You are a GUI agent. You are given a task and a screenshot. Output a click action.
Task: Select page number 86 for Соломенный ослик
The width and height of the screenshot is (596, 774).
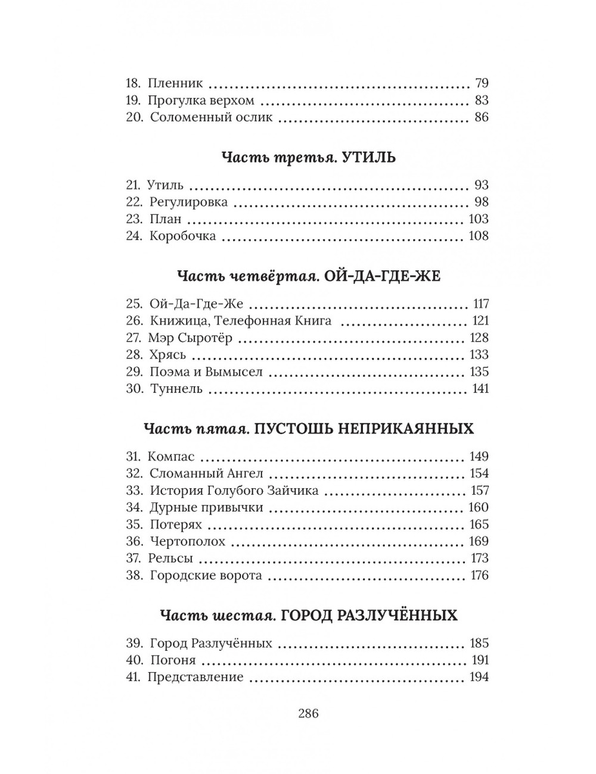click(481, 117)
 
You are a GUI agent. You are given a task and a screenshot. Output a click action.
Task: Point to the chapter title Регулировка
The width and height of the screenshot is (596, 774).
click(188, 202)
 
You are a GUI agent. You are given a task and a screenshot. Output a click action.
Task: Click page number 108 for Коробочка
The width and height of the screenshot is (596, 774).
click(478, 236)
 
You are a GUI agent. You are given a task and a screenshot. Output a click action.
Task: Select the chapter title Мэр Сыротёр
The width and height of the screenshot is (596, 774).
click(190, 338)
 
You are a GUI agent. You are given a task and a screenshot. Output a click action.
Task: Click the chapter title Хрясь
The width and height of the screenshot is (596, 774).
click(167, 355)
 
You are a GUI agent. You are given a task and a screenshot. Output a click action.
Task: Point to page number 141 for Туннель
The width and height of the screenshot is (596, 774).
click(479, 389)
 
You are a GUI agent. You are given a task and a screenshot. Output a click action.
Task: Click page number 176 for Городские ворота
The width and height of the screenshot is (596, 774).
click(479, 576)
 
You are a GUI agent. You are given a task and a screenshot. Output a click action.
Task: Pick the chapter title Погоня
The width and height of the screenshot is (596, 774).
click(173, 660)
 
